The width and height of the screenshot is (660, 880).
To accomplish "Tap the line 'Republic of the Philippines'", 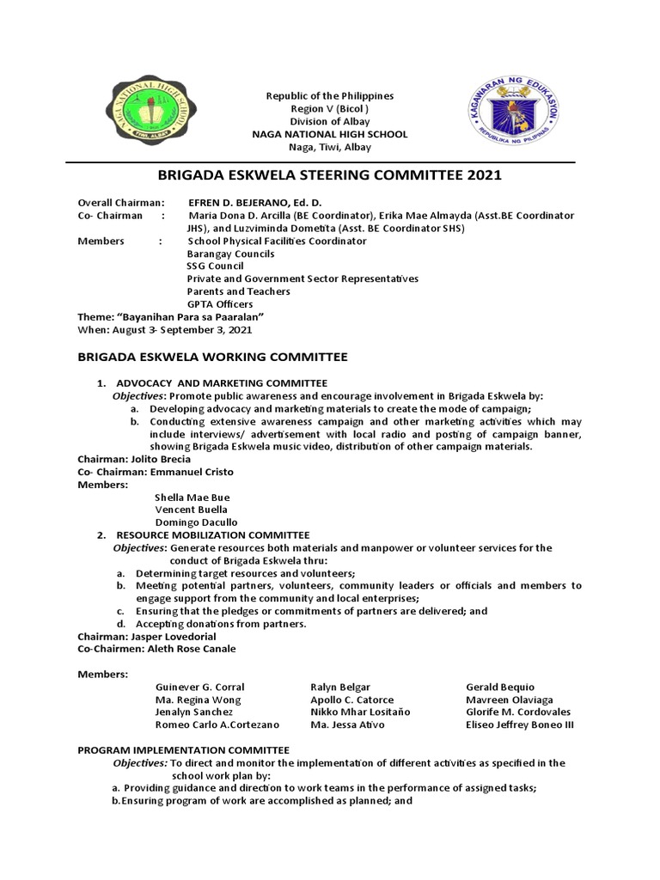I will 329,95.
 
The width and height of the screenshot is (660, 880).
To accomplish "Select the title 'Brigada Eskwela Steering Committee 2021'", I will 330,176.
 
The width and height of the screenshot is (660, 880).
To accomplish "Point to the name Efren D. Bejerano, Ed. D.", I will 248,203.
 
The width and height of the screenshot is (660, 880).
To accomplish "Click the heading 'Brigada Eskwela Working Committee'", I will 212,356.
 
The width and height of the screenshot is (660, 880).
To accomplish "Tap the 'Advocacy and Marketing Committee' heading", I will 221,382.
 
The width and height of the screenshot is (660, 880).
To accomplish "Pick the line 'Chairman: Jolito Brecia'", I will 134,459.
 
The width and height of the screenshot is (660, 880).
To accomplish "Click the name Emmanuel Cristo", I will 191,472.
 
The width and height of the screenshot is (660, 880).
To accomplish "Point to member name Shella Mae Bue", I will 192,497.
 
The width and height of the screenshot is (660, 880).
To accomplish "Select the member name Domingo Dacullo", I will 196,522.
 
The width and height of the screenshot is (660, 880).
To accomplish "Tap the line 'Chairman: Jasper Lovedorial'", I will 147,636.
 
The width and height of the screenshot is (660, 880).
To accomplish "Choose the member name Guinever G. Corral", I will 199,687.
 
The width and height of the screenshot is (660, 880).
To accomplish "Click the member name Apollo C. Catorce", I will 351,700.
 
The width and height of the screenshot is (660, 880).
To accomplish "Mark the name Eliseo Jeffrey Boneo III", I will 520,724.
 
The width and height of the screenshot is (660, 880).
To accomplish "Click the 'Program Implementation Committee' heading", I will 184,750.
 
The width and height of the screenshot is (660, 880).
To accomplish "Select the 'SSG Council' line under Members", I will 216,266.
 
